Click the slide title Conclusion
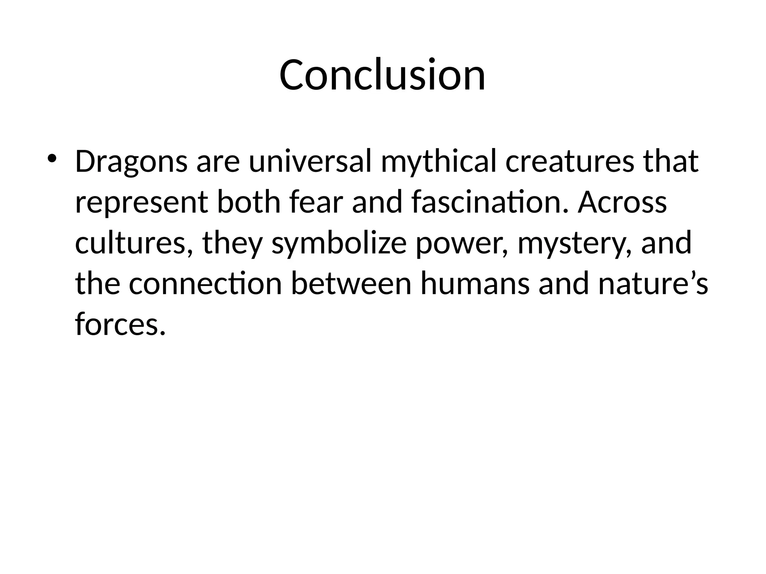(x=382, y=75)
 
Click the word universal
(x=310, y=162)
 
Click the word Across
(x=622, y=202)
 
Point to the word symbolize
(x=339, y=243)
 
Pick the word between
(x=351, y=283)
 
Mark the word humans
(x=475, y=283)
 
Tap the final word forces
(x=120, y=324)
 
